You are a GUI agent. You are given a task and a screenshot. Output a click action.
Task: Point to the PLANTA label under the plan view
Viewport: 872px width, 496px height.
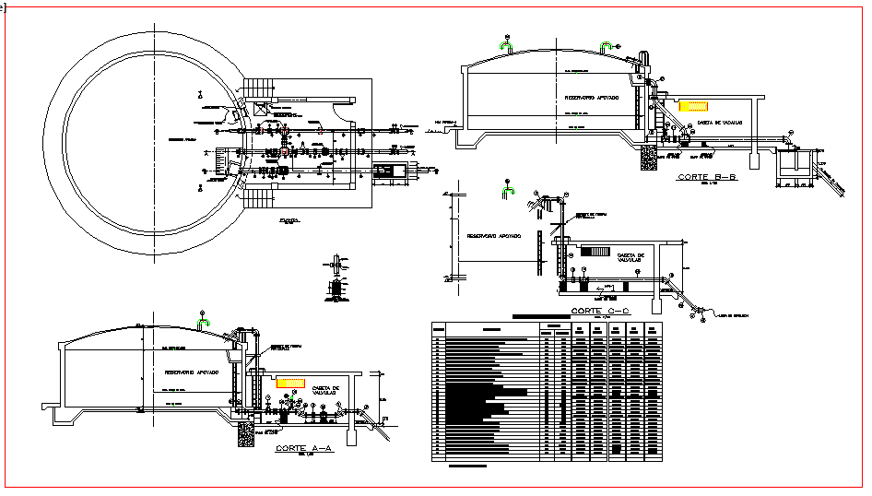click(x=289, y=221)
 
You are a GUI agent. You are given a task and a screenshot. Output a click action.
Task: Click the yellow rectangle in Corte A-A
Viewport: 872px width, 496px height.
click(x=290, y=382)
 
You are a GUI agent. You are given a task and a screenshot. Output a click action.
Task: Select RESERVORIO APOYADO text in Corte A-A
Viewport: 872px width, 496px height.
click(x=191, y=372)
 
